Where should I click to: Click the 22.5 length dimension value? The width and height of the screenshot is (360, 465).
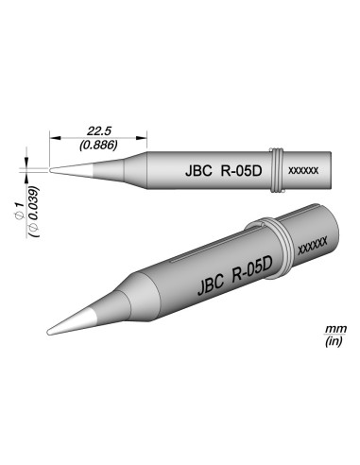tap(98, 132)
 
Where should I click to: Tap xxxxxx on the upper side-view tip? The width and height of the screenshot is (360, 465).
tap(301, 173)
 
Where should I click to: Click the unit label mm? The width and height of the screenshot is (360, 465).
tap(333, 328)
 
